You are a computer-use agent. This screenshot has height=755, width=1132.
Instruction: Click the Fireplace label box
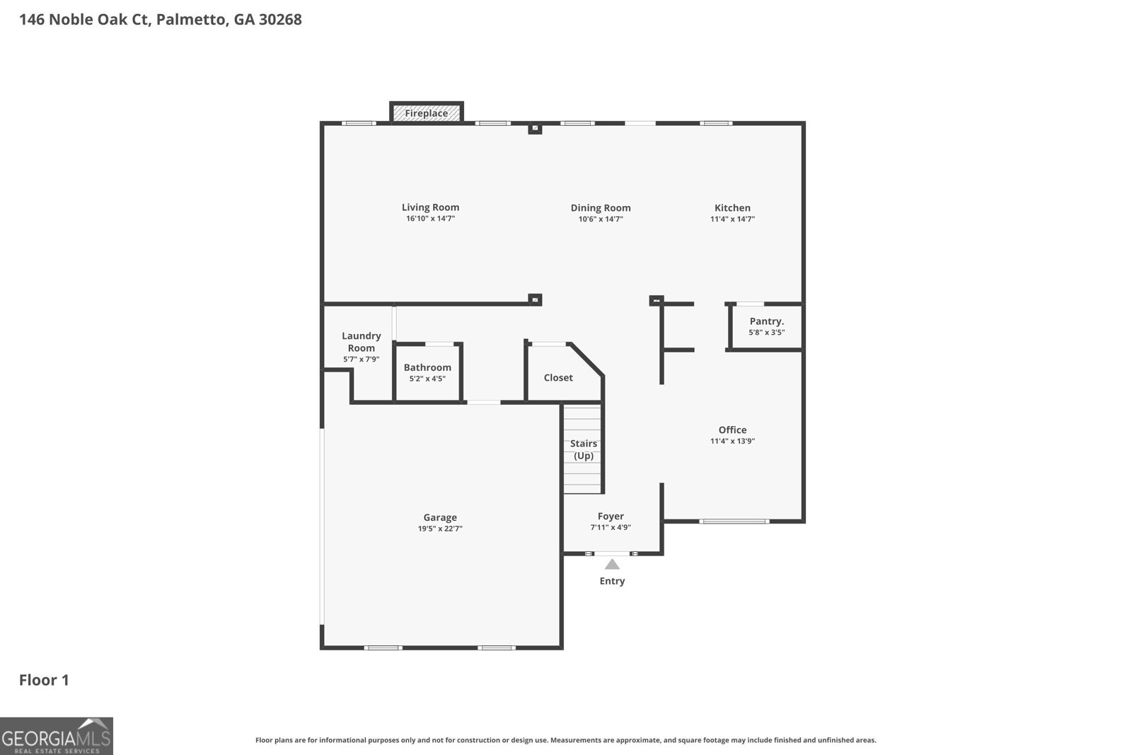tap(426, 113)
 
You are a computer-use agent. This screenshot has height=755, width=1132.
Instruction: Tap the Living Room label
tap(430, 207)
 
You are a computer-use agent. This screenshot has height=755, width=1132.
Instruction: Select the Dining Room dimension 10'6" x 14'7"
tap(601, 219)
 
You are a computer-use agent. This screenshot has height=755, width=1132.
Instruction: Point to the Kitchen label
tap(732, 208)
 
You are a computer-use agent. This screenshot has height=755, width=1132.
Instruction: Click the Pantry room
tap(766, 326)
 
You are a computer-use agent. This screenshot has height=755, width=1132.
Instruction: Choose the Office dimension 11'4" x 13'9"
tap(732, 441)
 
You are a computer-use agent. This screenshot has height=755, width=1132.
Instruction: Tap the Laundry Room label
tap(361, 342)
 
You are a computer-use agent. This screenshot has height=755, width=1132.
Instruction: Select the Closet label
tap(558, 378)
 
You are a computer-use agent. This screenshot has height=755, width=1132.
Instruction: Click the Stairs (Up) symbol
tap(583, 449)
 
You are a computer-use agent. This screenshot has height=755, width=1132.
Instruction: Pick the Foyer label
tap(611, 517)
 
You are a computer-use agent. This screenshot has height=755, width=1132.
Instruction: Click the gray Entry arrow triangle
tap(612, 564)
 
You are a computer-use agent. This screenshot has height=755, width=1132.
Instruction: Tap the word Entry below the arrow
tap(612, 581)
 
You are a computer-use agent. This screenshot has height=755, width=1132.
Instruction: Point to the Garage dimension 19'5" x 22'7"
tap(440, 529)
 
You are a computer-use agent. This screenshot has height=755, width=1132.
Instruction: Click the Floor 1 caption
tap(44, 680)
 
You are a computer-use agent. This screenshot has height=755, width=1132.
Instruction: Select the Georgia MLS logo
tap(57, 736)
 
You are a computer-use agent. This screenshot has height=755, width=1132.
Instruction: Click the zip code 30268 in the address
tap(280, 20)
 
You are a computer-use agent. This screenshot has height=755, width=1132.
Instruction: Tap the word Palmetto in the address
tap(192, 20)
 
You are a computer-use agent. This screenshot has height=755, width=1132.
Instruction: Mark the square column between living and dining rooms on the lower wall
tap(536, 299)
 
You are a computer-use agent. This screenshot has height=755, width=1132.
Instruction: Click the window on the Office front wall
tap(734, 521)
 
